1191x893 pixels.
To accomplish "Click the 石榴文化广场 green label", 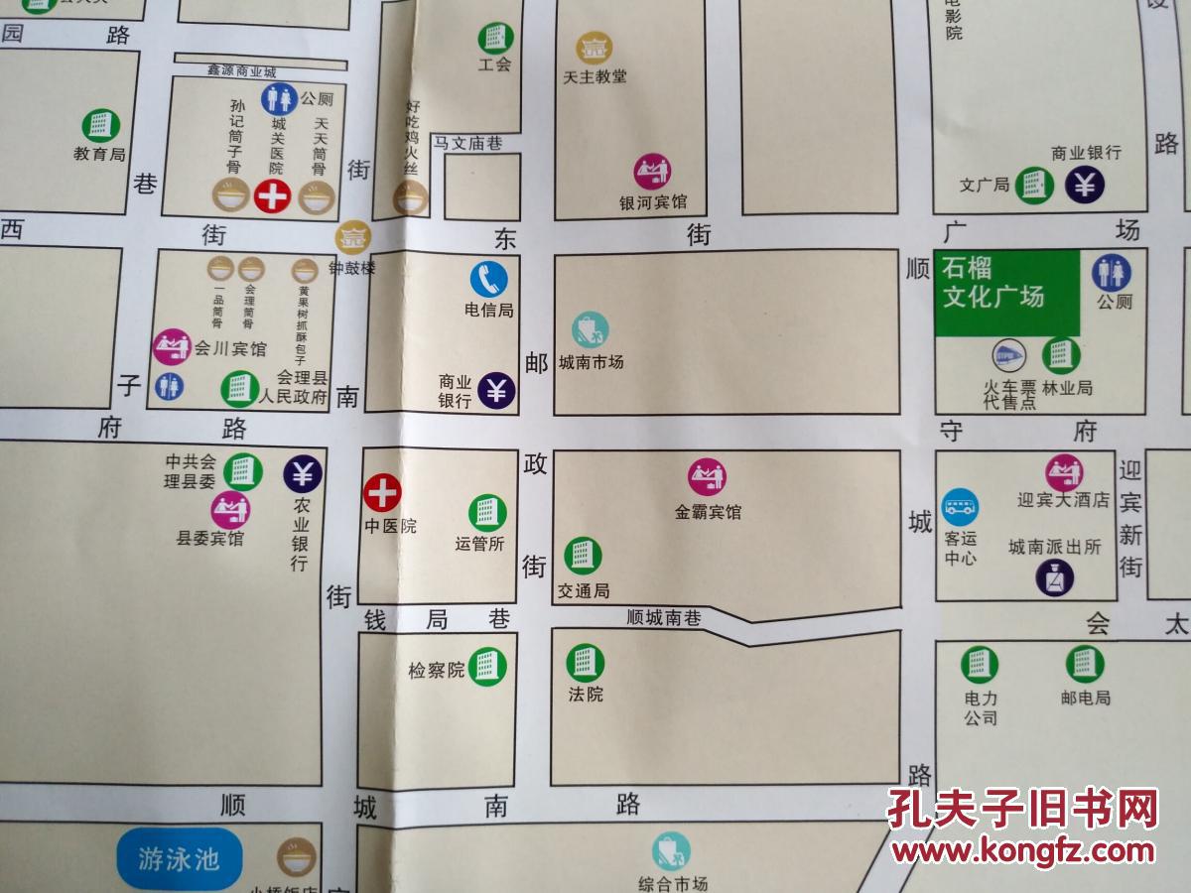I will [x=993, y=283].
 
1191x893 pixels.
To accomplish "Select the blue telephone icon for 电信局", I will [x=489, y=279].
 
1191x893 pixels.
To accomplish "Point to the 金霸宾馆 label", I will [x=708, y=513].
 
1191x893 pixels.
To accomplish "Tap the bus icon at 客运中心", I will [x=960, y=507].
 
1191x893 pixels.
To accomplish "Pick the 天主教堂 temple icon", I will [x=595, y=48].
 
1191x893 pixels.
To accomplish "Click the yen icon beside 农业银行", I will [x=303, y=474].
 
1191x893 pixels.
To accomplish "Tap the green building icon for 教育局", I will [x=100, y=125].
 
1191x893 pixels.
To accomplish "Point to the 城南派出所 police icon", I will [x=1054, y=577].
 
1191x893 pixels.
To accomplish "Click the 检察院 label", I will [x=437, y=671].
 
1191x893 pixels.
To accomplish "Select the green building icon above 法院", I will [x=586, y=662].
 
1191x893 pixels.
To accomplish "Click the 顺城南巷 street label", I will [x=664, y=618].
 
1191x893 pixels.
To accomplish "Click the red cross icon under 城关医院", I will [x=272, y=196].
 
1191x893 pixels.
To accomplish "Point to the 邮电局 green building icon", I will [x=1085, y=663].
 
